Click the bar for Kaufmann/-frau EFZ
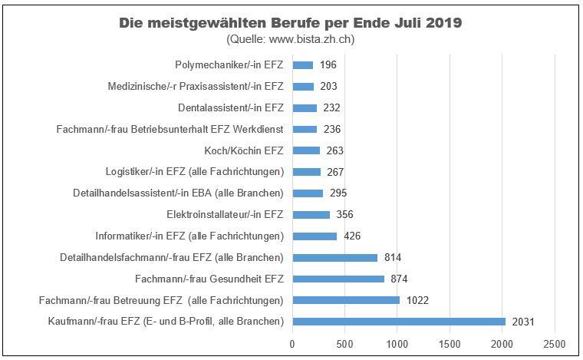pos(399,321)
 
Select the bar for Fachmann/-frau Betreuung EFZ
pos(346,299)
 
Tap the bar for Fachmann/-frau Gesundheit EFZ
pos(338,279)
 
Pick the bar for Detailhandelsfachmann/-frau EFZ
pos(334,257)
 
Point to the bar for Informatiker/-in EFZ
pos(315,236)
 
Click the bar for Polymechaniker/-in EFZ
pos(302,65)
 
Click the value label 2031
pos(523,321)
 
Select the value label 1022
pos(418,299)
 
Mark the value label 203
pos(328,87)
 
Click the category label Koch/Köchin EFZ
pos(244,150)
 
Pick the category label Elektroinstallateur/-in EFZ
pos(225,214)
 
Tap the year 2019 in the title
pos(443,22)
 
